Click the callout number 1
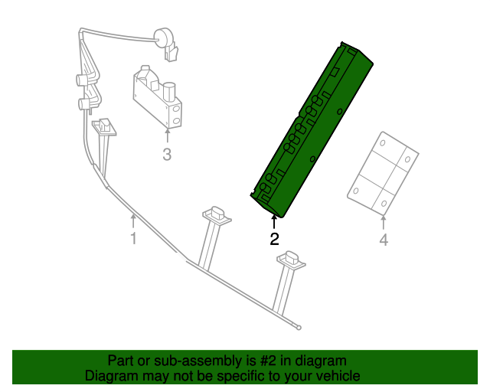tap(133, 239)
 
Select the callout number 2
tap(274, 239)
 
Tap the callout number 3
tap(167, 155)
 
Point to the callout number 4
tap(384, 240)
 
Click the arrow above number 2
tap(274, 222)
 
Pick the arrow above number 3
tap(168, 136)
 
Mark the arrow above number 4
tap(384, 222)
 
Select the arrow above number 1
tap(133, 220)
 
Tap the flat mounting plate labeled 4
tap(383, 174)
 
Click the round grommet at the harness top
tap(163, 38)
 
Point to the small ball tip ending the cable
tap(299, 328)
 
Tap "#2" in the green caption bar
tap(268, 361)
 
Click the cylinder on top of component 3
tap(170, 91)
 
